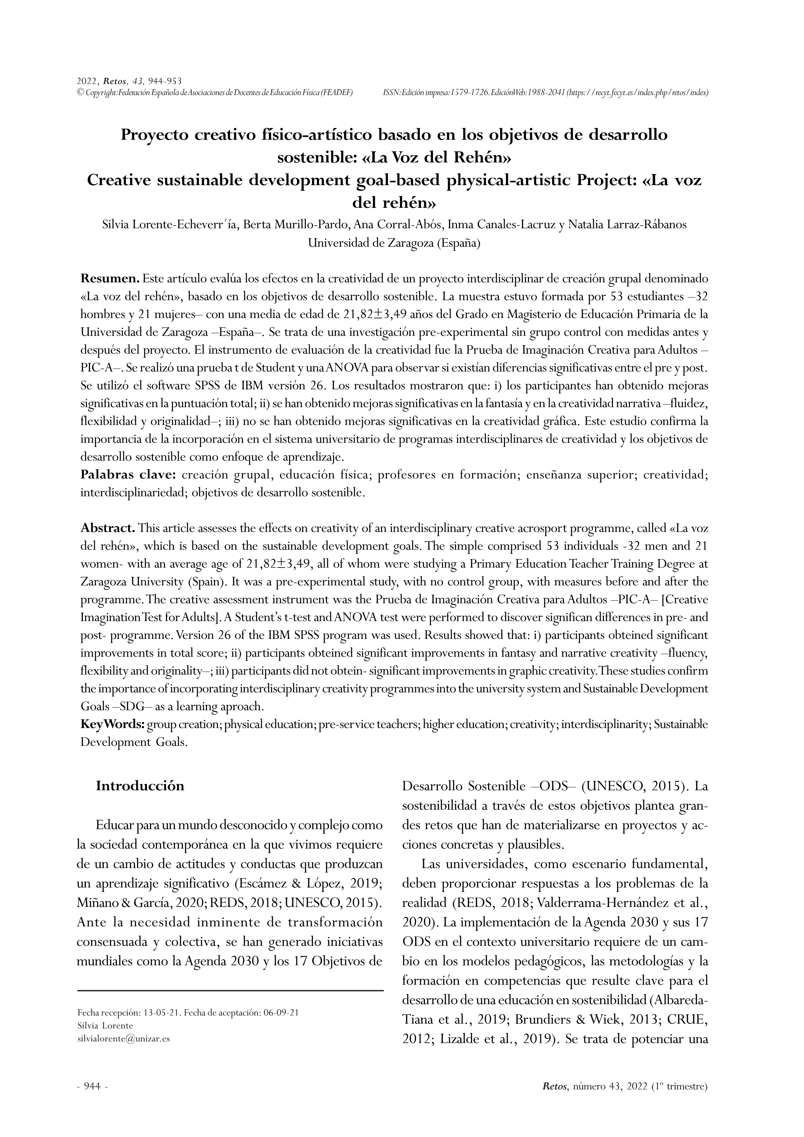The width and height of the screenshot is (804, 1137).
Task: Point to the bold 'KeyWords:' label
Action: click(x=113, y=724)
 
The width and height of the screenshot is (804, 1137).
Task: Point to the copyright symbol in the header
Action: click(x=81, y=92)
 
